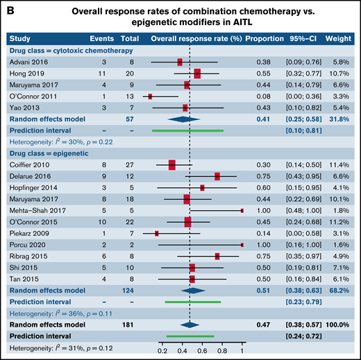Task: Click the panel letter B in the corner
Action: (8, 8)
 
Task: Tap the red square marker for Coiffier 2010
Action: (172, 165)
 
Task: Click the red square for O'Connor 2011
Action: (150, 96)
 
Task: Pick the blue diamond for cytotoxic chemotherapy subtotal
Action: (190, 119)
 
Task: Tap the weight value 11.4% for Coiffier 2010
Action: (343, 165)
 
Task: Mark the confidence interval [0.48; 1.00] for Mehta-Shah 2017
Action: (309, 209)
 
